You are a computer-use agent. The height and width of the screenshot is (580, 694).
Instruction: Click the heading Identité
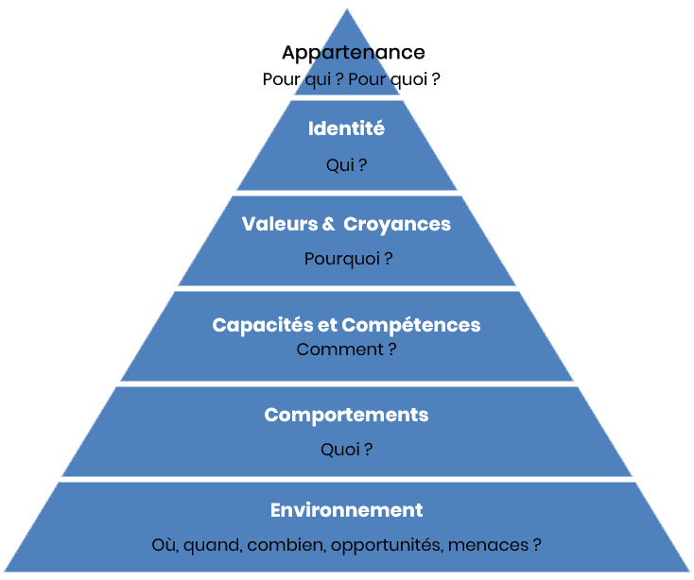(x=346, y=128)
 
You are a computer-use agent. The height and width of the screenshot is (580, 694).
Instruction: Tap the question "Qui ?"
(x=346, y=165)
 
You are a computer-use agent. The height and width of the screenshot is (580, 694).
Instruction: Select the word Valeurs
(x=281, y=224)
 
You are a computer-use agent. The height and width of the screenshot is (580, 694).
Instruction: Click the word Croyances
(x=397, y=224)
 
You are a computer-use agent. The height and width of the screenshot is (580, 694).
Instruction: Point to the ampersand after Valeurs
(x=328, y=225)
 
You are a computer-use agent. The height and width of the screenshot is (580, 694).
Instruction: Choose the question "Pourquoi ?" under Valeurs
(x=348, y=258)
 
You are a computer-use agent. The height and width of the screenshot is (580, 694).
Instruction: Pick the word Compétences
(x=411, y=325)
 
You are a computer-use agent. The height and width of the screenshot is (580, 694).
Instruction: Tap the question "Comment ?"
(x=346, y=350)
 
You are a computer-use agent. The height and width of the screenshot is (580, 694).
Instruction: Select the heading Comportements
(x=346, y=416)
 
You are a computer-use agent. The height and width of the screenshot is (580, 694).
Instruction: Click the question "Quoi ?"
(x=346, y=450)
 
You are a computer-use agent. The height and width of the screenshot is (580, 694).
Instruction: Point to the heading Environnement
(x=346, y=510)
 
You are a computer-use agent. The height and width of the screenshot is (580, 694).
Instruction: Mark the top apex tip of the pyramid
(x=347, y=9)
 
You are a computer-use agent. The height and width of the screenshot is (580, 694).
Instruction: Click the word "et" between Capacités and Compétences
(x=326, y=325)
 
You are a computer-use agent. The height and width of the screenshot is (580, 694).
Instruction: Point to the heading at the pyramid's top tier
(x=352, y=52)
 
